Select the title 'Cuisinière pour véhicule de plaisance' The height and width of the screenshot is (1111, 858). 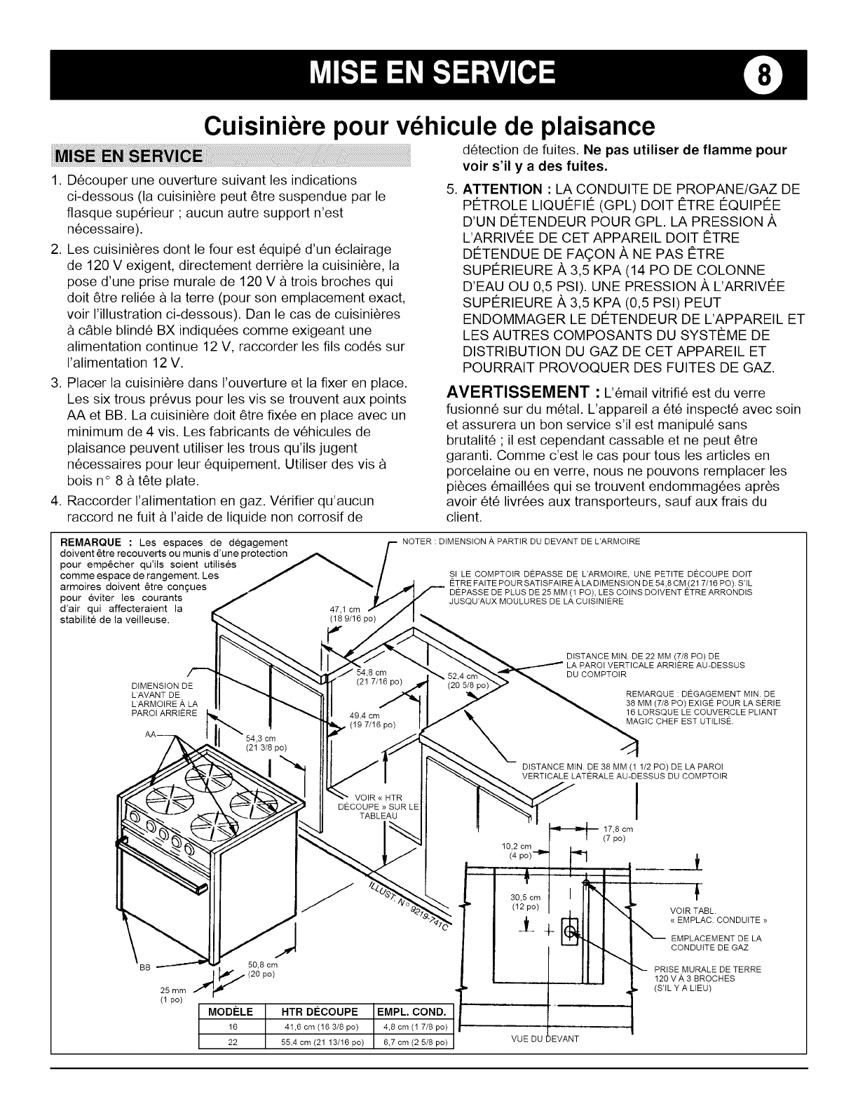tap(429, 126)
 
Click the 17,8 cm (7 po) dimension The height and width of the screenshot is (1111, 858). tap(618, 834)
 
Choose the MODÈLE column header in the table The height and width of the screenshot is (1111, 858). tap(231, 1011)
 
